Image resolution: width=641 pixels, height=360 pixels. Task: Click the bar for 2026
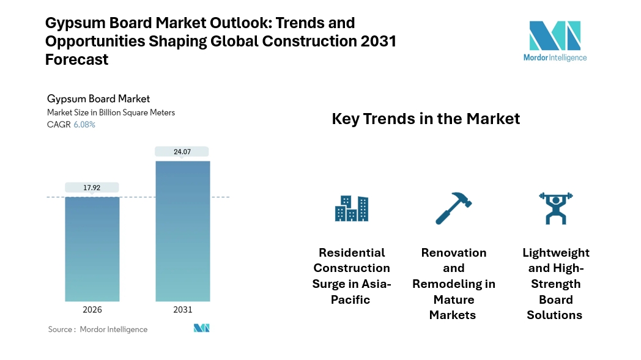[92, 249]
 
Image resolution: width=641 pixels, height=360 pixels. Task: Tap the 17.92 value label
[92, 188]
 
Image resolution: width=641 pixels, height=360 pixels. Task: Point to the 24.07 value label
[182, 152]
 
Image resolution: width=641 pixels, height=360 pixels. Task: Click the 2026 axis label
[92, 310]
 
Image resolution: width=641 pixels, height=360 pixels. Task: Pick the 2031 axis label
[182, 310]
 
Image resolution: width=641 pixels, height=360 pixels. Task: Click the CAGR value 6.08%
[84, 125]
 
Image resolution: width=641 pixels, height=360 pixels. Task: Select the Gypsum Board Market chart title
[98, 98]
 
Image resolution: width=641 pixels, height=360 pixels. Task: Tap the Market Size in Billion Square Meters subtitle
[111, 112]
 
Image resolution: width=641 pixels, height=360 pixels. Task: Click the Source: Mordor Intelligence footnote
[98, 329]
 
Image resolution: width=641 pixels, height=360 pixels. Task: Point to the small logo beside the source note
[202, 328]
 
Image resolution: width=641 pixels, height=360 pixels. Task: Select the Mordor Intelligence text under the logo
[555, 57]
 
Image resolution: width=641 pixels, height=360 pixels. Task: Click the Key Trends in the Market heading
[426, 119]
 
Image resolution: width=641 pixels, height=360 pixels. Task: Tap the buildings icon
[352, 208]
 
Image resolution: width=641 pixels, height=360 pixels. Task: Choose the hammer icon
[454, 208]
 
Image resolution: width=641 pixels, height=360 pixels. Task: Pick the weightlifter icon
[555, 208]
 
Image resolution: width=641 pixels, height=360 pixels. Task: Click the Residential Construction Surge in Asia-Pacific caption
[352, 276]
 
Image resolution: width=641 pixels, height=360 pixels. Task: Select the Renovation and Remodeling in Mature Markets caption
[454, 284]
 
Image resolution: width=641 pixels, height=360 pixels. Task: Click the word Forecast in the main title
[77, 60]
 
